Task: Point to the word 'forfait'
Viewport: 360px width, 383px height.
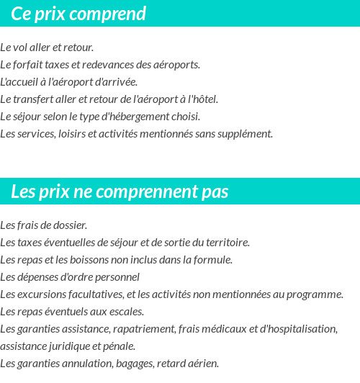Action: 28,65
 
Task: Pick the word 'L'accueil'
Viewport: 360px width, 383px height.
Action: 19,82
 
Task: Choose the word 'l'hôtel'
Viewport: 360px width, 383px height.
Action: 202,99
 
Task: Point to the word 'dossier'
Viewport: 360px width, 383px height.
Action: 70,225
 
